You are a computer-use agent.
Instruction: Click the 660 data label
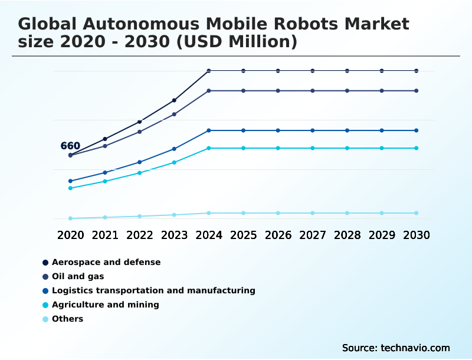(x=70, y=146)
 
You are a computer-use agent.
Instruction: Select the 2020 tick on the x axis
(x=70, y=235)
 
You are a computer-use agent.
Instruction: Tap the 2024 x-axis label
(x=209, y=235)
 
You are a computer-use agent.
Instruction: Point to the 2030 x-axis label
(x=417, y=235)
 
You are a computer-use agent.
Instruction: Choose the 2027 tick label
(x=313, y=235)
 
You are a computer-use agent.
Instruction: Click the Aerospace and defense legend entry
(x=106, y=262)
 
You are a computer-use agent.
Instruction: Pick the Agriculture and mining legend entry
(x=106, y=305)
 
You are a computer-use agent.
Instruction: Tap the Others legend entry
(x=67, y=319)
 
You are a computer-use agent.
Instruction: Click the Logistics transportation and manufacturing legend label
(x=153, y=290)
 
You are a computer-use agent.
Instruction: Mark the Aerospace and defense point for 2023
(x=174, y=100)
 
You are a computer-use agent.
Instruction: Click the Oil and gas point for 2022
(x=140, y=132)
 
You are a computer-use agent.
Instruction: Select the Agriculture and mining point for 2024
(x=209, y=148)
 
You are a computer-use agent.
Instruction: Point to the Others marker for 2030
(x=417, y=213)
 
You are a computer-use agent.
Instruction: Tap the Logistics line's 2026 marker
(x=278, y=130)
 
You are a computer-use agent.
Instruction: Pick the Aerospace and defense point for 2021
(x=105, y=139)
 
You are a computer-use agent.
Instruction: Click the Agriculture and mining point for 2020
(x=70, y=188)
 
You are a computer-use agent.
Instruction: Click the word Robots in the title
(x=303, y=24)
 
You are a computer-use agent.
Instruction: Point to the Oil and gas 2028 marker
(x=347, y=91)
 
